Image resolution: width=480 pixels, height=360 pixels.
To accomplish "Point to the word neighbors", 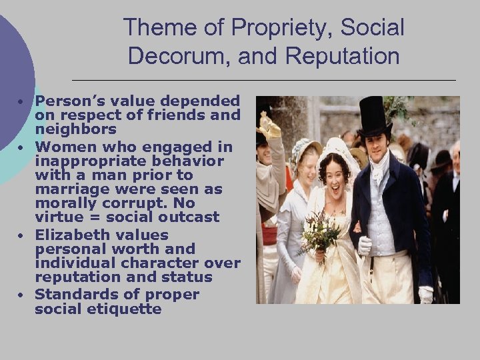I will [75, 129].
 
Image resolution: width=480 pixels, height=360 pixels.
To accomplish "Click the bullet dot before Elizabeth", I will [22, 236].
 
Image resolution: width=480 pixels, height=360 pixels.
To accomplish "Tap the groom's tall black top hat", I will [375, 117].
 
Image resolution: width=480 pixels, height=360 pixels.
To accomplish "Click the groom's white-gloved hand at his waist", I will [365, 245].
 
